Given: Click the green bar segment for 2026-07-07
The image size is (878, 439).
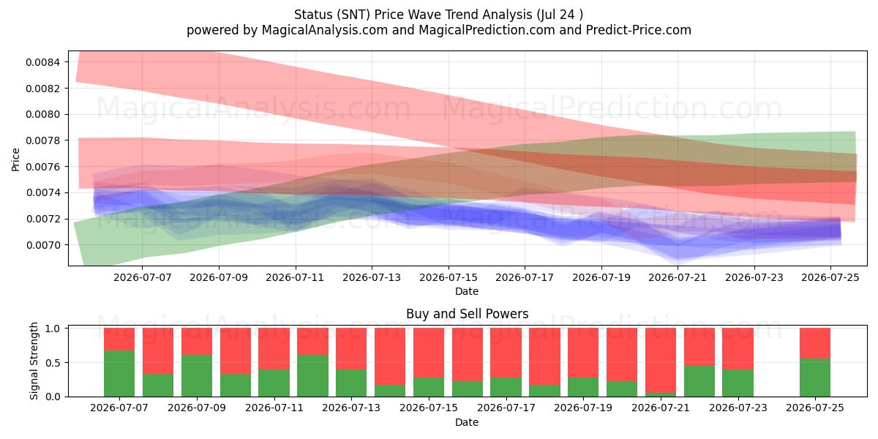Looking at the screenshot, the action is [x=119, y=373].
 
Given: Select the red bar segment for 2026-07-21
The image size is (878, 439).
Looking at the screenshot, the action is [x=661, y=360].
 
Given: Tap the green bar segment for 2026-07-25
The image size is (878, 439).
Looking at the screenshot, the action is [x=815, y=378].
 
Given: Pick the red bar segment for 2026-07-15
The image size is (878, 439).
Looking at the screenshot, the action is [x=429, y=353].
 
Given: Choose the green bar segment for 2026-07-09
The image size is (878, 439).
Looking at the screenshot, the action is [x=197, y=375].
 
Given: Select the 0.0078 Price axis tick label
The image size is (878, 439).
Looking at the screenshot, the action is [x=42, y=140].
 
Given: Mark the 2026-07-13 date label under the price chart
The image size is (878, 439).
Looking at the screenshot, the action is [x=372, y=277].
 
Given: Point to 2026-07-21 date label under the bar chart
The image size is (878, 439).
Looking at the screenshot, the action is [x=661, y=408].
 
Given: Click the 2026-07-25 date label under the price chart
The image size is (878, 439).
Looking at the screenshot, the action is [x=830, y=277].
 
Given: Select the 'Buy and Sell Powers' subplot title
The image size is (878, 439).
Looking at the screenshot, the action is [x=468, y=314].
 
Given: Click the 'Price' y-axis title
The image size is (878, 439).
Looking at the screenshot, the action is [x=15, y=160].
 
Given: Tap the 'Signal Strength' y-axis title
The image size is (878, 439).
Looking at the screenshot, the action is [x=34, y=361].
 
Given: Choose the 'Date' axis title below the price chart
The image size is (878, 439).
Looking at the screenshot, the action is [x=467, y=292].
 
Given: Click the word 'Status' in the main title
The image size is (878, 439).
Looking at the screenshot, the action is [x=313, y=15].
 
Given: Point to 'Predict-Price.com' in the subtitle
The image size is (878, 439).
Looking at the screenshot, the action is [x=639, y=30].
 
